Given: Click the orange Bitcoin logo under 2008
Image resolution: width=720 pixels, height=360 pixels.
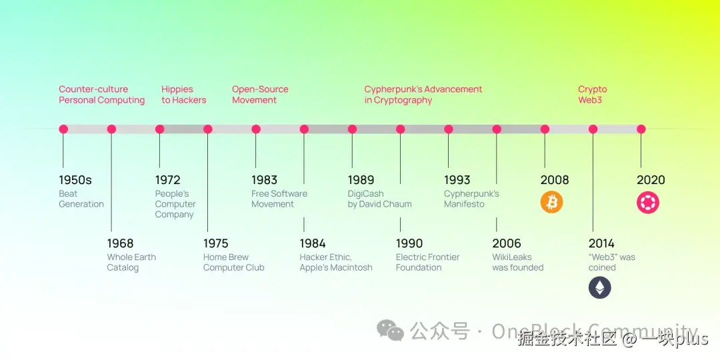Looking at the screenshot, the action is [x=551, y=202].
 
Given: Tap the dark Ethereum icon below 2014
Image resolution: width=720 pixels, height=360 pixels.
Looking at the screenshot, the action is [x=600, y=288].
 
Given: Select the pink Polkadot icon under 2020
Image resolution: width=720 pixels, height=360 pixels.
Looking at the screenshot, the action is [x=648, y=202].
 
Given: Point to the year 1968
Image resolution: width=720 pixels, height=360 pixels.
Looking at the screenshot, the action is [x=120, y=243].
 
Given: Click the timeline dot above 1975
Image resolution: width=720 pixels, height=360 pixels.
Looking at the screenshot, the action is [x=208, y=129].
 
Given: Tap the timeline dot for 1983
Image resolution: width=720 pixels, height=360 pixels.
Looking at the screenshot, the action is [x=256, y=129].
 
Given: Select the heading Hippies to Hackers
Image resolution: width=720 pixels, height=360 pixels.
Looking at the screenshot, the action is [x=184, y=95].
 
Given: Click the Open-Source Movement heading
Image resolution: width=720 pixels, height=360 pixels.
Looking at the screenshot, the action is [x=260, y=95].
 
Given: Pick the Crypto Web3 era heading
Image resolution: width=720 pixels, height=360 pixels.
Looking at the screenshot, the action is [x=593, y=95].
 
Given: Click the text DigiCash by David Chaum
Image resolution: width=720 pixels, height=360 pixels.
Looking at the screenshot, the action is [x=380, y=199].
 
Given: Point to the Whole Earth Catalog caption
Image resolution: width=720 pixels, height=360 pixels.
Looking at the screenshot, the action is [x=131, y=262].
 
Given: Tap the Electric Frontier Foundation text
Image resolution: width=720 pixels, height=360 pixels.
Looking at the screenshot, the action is [x=427, y=262].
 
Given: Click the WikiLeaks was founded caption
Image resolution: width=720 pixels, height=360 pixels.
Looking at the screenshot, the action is [x=518, y=262].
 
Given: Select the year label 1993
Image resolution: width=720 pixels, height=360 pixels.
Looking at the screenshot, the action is [x=457, y=180].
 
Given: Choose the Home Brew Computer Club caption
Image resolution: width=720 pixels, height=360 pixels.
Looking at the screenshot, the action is [x=234, y=262].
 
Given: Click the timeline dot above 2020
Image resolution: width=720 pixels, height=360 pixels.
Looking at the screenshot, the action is [x=641, y=129].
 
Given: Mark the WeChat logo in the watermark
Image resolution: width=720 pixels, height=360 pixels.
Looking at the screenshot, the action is [x=390, y=331].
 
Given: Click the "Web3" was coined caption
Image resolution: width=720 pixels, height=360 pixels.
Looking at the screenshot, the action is [x=612, y=262].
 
